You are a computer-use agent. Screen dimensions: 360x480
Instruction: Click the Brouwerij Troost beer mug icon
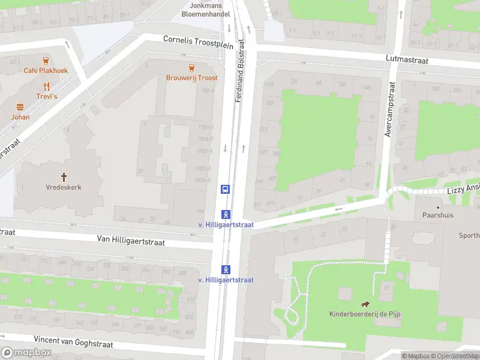click(191, 67)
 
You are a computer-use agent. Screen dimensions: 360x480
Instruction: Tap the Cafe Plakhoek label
click(46, 70)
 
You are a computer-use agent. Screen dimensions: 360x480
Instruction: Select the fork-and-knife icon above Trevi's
click(46, 86)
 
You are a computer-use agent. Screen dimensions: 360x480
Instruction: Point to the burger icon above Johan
click(20, 107)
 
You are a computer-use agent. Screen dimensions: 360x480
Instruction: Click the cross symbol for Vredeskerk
click(64, 176)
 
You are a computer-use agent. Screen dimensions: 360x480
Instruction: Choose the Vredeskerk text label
click(64, 187)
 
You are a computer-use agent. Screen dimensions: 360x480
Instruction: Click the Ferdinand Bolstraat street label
click(240, 70)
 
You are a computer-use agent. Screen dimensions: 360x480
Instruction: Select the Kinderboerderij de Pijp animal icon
click(364, 304)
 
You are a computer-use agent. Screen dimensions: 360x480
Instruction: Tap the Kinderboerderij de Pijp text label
click(364, 314)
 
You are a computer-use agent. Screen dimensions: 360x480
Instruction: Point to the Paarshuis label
click(436, 214)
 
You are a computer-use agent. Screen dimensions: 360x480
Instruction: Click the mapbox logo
click(26, 352)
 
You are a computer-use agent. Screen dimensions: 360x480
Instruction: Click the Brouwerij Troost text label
click(192, 77)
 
